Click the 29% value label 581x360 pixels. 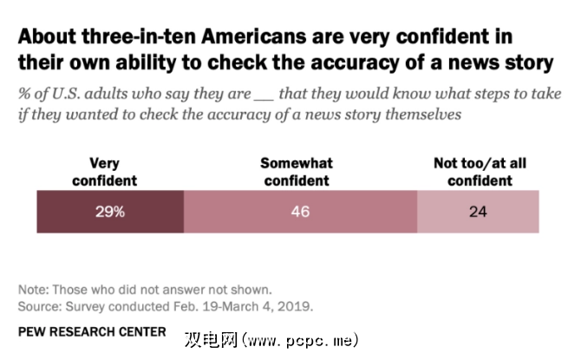click(110, 212)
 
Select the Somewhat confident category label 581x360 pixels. click(296, 172)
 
